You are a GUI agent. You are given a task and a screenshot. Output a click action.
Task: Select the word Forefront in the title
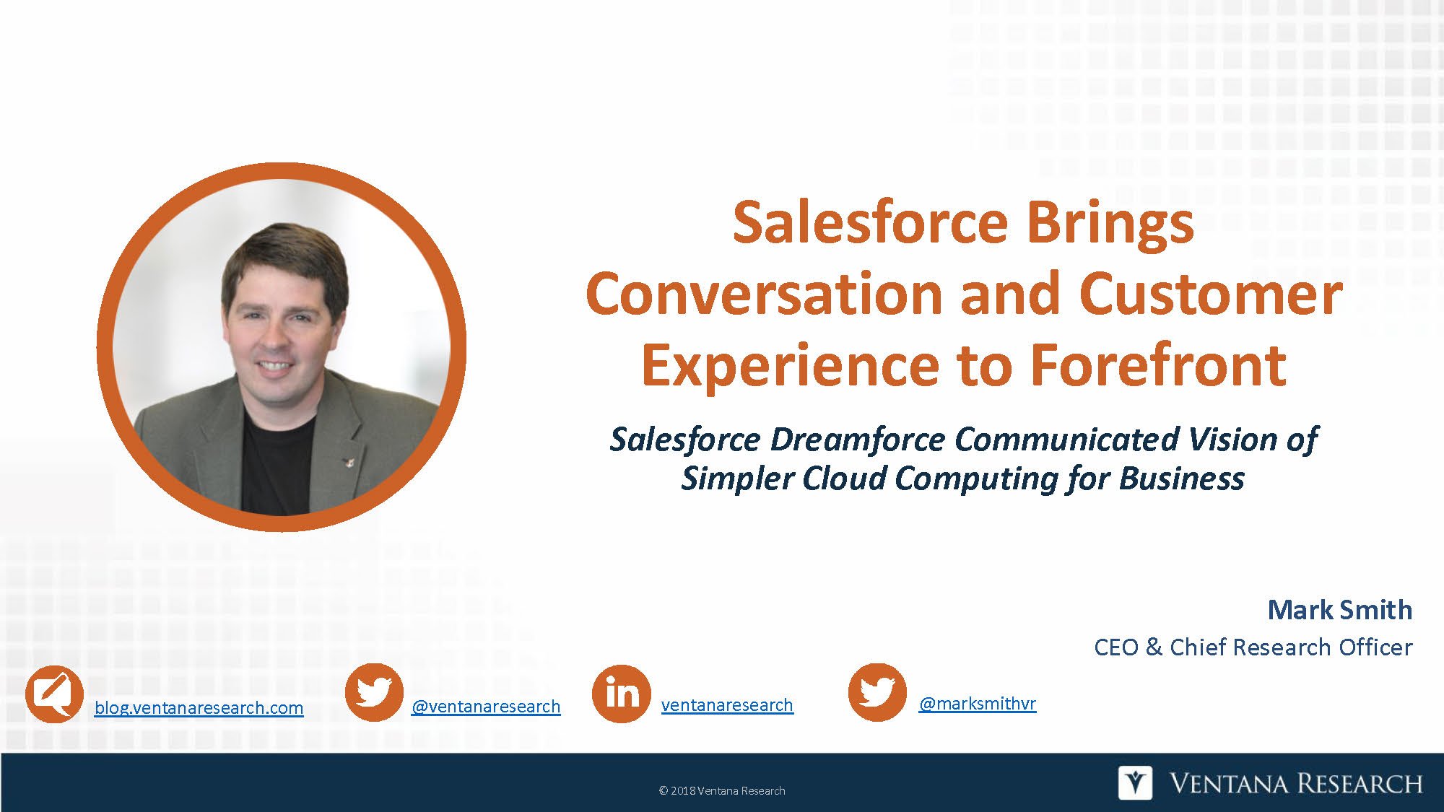1158,365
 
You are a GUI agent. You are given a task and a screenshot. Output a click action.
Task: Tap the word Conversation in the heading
765,294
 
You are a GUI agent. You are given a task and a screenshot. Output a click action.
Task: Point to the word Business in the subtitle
1181,479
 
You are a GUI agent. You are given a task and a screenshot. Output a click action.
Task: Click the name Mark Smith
1339,610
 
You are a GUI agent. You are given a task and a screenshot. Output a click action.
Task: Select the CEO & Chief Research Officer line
1253,647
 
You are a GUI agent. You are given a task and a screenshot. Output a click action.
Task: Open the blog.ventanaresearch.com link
199,708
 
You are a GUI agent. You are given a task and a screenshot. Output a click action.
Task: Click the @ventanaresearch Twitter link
485,707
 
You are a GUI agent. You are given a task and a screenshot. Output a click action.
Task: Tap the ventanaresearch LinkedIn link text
726,705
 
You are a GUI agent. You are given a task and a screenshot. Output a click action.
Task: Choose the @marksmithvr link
977,703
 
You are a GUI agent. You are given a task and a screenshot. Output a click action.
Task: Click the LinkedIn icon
621,694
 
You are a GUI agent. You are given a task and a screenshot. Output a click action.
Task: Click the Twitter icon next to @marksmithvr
877,692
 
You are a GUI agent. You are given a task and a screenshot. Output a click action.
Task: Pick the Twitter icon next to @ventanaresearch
374,692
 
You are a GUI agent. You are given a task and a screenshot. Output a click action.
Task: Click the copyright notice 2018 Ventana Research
721,791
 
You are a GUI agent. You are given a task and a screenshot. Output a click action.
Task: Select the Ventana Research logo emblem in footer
1135,783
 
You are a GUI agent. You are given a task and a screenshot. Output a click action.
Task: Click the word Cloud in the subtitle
845,479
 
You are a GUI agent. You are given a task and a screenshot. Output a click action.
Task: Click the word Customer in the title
1210,294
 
